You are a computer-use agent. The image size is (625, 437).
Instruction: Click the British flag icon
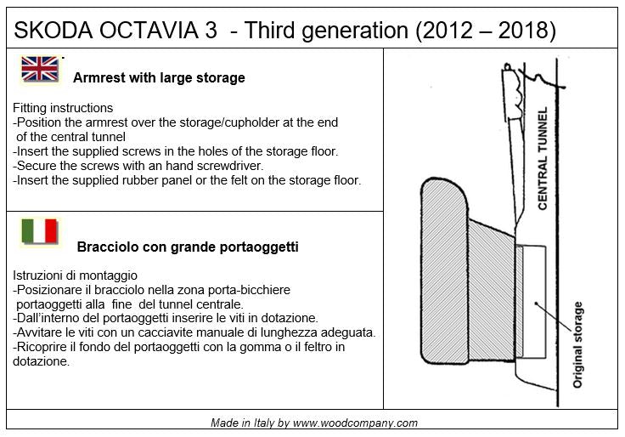[x=40, y=69]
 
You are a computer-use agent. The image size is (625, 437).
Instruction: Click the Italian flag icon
[x=39, y=231]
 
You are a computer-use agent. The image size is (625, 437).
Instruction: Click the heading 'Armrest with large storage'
[x=159, y=78]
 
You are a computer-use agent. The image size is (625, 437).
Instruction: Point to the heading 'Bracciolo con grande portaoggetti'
[x=187, y=247]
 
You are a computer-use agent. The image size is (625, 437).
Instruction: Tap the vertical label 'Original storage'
[x=578, y=344]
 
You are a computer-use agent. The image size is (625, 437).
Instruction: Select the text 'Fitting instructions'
[x=63, y=109]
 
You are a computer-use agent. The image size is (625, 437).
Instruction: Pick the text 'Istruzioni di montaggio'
[x=75, y=276]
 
